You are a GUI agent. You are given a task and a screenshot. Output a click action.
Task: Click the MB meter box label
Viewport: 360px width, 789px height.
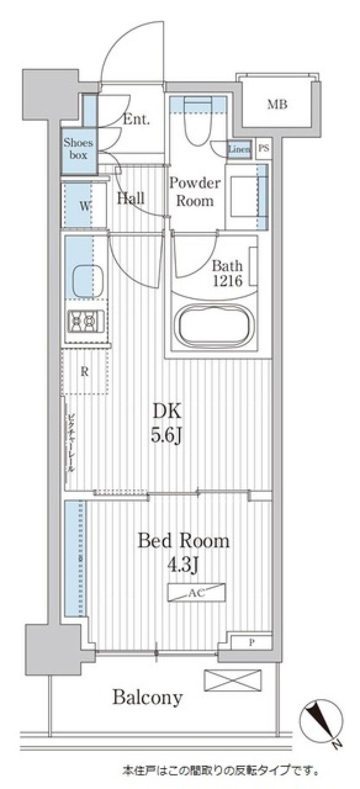click(x=277, y=104)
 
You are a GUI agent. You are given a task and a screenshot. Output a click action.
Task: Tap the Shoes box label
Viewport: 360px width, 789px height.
click(x=78, y=148)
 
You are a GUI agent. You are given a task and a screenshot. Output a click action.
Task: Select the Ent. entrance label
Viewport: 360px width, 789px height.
click(x=136, y=120)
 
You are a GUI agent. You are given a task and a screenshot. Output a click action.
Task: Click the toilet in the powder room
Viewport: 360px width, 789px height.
click(x=198, y=124)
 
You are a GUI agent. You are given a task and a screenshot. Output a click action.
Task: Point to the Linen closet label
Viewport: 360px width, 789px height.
click(x=239, y=149)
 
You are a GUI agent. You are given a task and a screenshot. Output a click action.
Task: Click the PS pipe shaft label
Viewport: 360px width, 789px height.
click(x=264, y=148)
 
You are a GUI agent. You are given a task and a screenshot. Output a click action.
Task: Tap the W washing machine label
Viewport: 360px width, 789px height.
click(x=85, y=206)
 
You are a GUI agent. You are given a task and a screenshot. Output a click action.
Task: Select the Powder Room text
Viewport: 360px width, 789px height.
click(x=195, y=192)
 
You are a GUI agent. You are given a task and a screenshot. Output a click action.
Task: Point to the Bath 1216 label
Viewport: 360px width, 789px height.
click(x=228, y=273)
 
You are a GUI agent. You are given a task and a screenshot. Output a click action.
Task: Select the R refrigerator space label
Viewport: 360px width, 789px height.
click(x=85, y=372)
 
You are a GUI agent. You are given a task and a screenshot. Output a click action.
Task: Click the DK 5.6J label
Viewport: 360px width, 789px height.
click(x=167, y=424)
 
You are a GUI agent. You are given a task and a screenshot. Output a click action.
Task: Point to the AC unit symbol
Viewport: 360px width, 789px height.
click(x=196, y=593)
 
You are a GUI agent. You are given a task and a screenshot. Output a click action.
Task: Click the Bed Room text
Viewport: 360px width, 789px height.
click(x=184, y=541)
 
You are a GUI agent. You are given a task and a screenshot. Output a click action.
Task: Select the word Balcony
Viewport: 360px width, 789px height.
click(x=148, y=698)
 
